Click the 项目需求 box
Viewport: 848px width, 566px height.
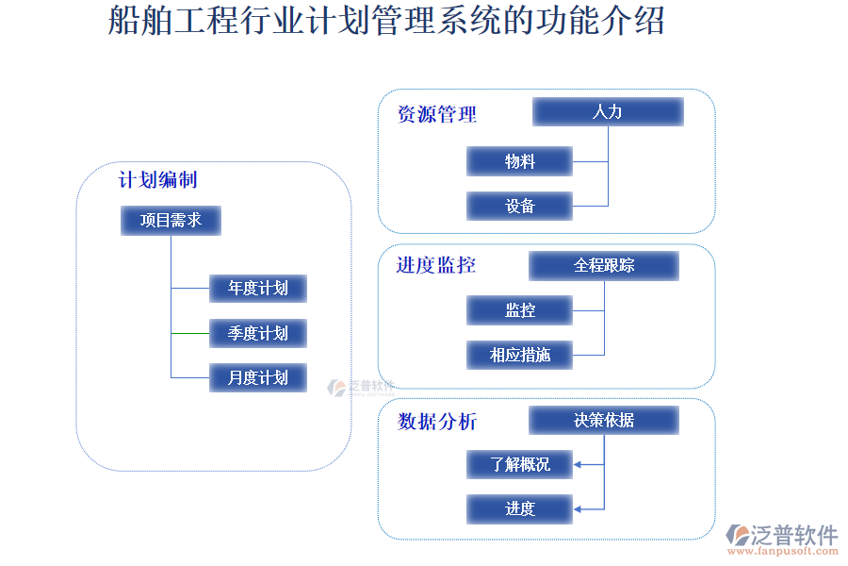click(x=171, y=221)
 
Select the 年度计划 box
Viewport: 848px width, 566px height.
click(x=257, y=288)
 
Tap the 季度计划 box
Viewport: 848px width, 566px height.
click(x=257, y=333)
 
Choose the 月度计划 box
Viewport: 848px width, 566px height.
click(x=257, y=377)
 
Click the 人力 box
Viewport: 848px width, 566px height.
click(x=608, y=112)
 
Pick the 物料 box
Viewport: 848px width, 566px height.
click(x=519, y=161)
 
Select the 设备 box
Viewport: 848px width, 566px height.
click(x=519, y=206)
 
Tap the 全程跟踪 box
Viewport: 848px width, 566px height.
click(x=604, y=266)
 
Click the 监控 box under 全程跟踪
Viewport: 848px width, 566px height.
click(x=519, y=310)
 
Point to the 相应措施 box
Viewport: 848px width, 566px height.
click(x=519, y=355)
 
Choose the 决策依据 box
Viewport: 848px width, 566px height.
click(x=604, y=421)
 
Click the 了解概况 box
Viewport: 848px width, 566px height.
click(x=519, y=464)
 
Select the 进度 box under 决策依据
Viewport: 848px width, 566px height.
click(x=519, y=509)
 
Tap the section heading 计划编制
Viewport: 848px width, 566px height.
click(x=157, y=179)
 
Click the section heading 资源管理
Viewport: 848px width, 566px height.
click(x=437, y=115)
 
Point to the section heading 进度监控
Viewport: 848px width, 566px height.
click(x=436, y=265)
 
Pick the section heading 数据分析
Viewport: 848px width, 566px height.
click(x=437, y=422)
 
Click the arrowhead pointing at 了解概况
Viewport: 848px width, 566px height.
click(x=579, y=464)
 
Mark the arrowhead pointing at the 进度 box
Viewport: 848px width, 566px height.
click(x=579, y=509)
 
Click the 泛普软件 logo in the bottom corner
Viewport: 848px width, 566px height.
click(x=783, y=539)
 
